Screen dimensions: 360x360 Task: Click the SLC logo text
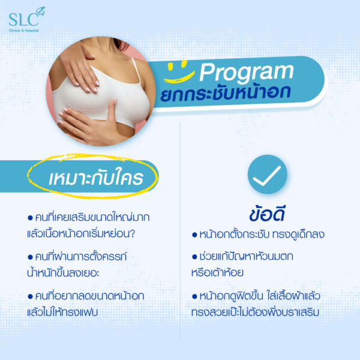[x=23, y=20]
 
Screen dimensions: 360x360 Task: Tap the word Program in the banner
[x=247, y=72]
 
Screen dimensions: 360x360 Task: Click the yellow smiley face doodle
[x=179, y=71]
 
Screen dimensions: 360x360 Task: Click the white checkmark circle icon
[x=268, y=174]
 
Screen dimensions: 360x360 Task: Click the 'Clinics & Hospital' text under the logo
[x=23, y=31]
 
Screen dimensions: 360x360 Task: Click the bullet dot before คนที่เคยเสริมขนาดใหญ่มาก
[x=30, y=218]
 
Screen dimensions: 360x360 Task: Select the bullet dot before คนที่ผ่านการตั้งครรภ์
[x=30, y=257]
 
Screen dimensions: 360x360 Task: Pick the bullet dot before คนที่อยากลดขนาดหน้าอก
[x=30, y=296]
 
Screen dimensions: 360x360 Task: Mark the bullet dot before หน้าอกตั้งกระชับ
[x=194, y=235]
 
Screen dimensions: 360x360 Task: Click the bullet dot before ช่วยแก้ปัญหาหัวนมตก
[x=194, y=257]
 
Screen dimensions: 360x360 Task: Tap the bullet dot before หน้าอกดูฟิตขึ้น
[x=194, y=296]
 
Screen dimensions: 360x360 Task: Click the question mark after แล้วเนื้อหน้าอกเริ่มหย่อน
[x=132, y=234]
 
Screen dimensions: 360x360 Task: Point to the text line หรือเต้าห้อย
[x=217, y=272]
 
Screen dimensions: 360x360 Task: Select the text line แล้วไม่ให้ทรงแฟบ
[x=62, y=312]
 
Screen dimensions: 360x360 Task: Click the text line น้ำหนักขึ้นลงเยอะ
[x=63, y=272]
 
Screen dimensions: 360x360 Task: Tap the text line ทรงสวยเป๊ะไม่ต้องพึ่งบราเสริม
[x=256, y=312]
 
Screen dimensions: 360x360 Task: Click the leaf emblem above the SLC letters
[x=41, y=11]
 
